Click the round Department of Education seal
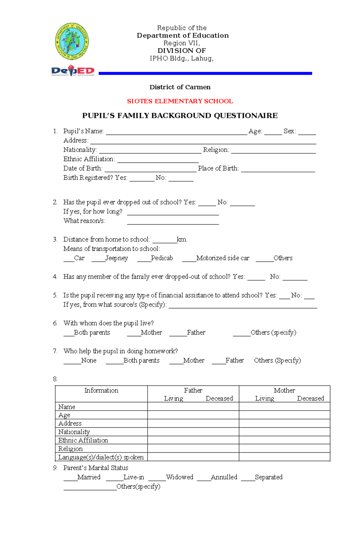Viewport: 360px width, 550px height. [72, 41]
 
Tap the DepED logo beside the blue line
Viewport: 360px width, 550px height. [73, 71]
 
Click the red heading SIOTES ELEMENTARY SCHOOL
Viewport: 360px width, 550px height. [180, 101]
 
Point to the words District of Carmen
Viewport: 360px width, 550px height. [180, 87]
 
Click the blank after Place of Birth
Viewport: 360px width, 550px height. [278, 169]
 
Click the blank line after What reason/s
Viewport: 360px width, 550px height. [173, 222]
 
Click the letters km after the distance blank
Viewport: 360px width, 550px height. [182, 239]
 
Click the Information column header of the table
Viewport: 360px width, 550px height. [101, 391]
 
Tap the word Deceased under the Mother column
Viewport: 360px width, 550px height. [310, 399]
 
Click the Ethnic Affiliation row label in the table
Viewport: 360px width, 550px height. [83, 440]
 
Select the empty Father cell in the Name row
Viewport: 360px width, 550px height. [193, 407]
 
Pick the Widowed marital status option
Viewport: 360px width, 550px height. [179, 477]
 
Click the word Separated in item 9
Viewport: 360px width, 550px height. [268, 477]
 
